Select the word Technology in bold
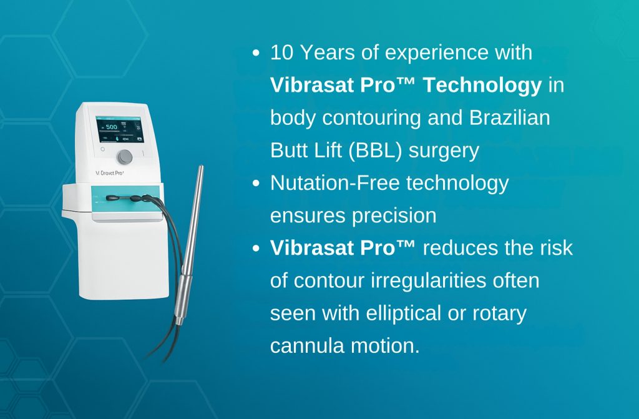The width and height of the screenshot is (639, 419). tap(482, 86)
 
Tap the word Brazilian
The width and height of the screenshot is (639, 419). tap(509, 118)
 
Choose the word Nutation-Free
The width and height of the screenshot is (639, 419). tap(335, 183)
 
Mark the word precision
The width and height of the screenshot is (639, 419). tap(394, 216)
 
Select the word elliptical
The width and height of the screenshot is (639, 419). tap(404, 314)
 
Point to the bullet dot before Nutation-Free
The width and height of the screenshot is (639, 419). tap(256, 183)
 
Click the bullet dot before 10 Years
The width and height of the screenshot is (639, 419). tap(256, 52)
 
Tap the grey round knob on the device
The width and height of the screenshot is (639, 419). tap(125, 157)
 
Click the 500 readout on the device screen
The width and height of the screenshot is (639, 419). tap(111, 127)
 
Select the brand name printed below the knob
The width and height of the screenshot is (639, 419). tap(109, 173)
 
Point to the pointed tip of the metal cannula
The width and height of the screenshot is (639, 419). tap(201, 167)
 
